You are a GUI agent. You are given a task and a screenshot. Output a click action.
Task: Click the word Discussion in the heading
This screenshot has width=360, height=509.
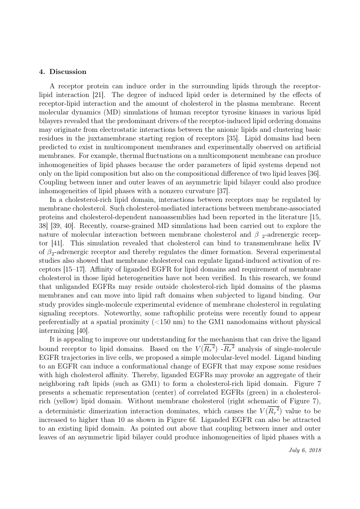pyautogui.click(x=68, y=72)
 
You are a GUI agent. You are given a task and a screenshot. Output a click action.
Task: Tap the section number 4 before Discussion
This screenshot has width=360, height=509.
pyautogui.click(x=41, y=72)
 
